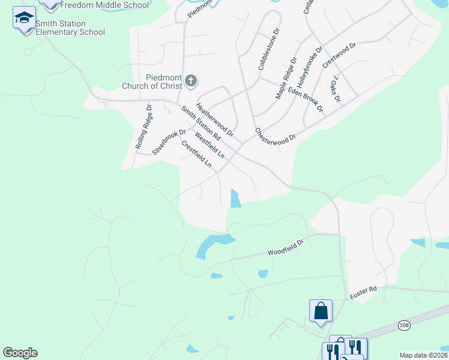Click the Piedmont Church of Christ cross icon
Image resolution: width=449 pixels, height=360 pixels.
click(191, 81)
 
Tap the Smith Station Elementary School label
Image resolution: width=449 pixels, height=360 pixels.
click(70, 28)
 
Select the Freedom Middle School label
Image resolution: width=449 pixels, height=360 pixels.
click(104, 5)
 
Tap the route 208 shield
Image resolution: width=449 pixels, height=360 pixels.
click(405, 325)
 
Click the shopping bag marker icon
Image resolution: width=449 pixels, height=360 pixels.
click(321, 311)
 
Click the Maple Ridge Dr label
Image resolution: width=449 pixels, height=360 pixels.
click(286, 79)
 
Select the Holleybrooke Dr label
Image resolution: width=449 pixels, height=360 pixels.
click(310, 64)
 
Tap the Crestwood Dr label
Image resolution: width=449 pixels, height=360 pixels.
click(339, 55)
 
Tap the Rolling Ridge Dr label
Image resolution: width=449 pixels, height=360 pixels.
click(143, 127)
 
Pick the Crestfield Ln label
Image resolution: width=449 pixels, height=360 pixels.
click(196, 154)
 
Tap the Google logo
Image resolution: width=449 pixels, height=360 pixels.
click(20, 353)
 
